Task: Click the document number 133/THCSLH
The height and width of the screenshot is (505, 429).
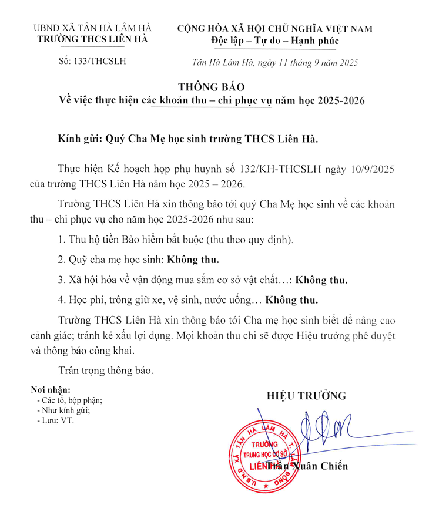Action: tap(92, 61)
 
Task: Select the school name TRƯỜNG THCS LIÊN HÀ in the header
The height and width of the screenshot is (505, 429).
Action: tap(93, 39)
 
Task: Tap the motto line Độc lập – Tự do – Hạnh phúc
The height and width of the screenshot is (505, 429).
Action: tap(275, 41)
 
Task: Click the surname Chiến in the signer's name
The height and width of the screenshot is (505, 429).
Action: tap(333, 467)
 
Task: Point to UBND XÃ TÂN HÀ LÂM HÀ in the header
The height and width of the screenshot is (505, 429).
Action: tap(93, 28)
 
